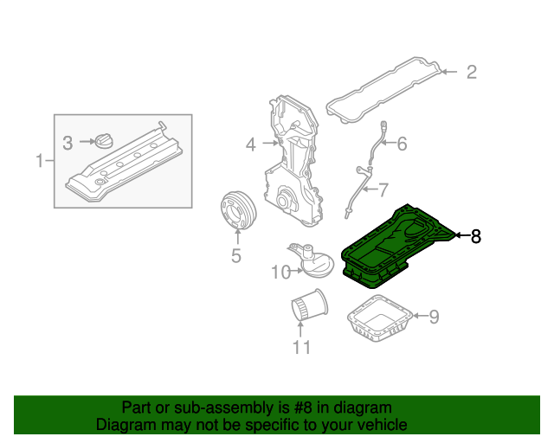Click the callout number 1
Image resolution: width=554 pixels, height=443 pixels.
pos(39,160)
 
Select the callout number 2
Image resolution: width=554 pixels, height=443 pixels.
pos(471,73)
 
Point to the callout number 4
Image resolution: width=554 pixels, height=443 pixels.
pos(250,144)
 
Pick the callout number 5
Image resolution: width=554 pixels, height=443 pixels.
pos(235,255)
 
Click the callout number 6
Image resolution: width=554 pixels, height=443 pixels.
pos(402,144)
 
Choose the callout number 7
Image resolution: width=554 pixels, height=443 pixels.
pos(383,189)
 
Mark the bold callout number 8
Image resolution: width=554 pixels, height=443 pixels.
pos(475,235)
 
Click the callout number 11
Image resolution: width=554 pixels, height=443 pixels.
pos(300,348)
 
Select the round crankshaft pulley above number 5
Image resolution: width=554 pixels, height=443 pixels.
pos(234,210)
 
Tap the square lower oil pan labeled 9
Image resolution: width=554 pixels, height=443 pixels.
pos(379,321)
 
